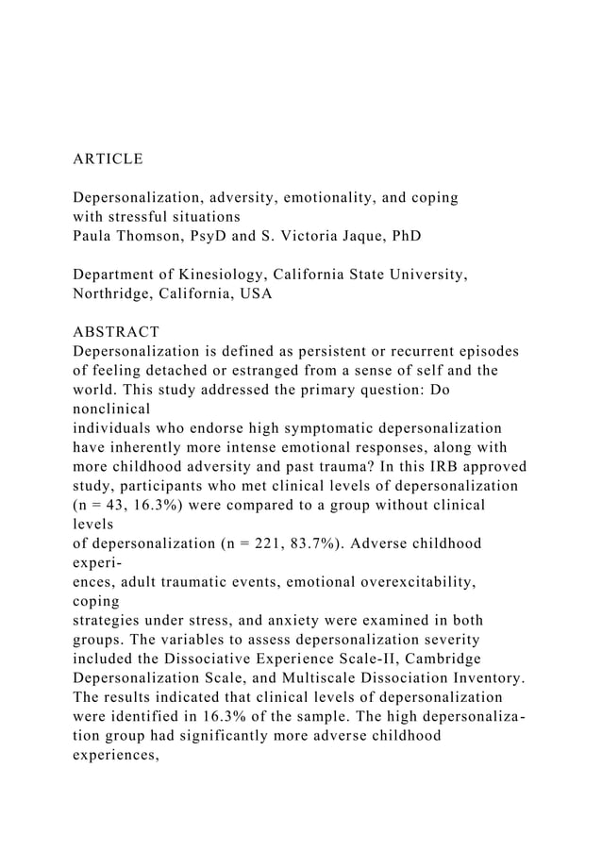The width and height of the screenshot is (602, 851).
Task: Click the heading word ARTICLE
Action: pyautogui.click(x=109, y=159)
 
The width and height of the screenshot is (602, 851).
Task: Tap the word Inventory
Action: pyautogui.click(x=481, y=678)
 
